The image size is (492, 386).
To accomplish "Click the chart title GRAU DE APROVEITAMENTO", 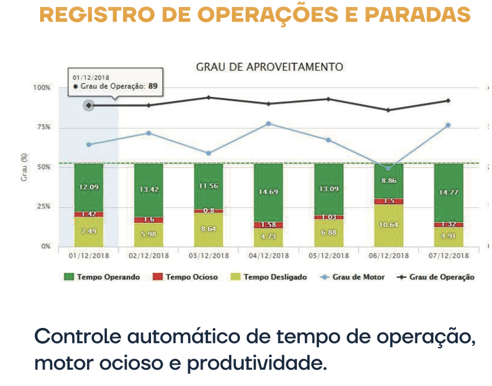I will point(270,67).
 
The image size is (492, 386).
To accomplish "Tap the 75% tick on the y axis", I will point(43,127).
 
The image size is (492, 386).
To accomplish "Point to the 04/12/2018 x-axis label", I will point(268,255).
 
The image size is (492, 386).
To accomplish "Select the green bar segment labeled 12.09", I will point(88,187).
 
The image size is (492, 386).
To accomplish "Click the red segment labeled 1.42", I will point(88,214).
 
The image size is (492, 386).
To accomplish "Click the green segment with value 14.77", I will point(448,192).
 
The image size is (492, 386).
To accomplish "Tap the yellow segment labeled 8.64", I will point(209,229).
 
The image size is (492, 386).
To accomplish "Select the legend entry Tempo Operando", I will point(102,277).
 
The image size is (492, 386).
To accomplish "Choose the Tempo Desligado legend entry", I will point(269,277).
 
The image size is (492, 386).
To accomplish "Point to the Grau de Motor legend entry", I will point(353,277).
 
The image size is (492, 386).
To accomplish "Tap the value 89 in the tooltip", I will point(153,86).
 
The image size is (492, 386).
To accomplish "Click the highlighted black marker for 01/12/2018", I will point(88,105).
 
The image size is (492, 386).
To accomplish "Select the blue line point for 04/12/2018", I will point(268,124).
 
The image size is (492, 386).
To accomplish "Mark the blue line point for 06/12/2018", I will point(388,168).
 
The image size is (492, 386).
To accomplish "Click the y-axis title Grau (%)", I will point(24,168).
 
